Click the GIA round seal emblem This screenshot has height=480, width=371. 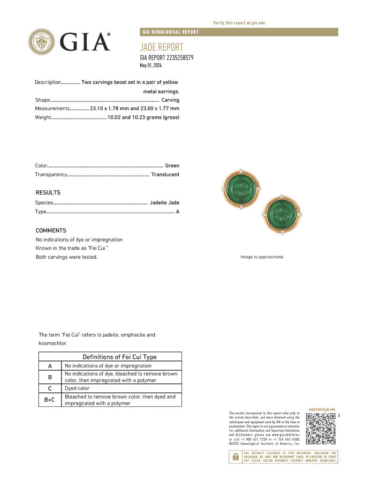(x=42, y=42)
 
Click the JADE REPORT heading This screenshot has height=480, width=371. (x=161, y=47)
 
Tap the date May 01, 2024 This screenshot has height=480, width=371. (x=151, y=65)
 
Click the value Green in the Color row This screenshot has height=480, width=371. (x=172, y=165)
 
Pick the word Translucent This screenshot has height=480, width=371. (x=165, y=174)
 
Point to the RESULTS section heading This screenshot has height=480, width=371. (x=48, y=193)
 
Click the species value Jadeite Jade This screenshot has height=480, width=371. (x=165, y=202)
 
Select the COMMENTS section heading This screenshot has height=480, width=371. (x=51, y=231)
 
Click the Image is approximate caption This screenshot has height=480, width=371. (x=262, y=257)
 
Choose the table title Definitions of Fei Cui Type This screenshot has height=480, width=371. (x=120, y=357)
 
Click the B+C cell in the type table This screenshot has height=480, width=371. (x=50, y=399)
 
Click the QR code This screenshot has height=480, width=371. (x=321, y=428)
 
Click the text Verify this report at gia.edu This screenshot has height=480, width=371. (x=239, y=23)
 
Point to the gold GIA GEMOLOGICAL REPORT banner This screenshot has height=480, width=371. (x=239, y=32)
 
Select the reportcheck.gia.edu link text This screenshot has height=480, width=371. (x=322, y=409)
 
